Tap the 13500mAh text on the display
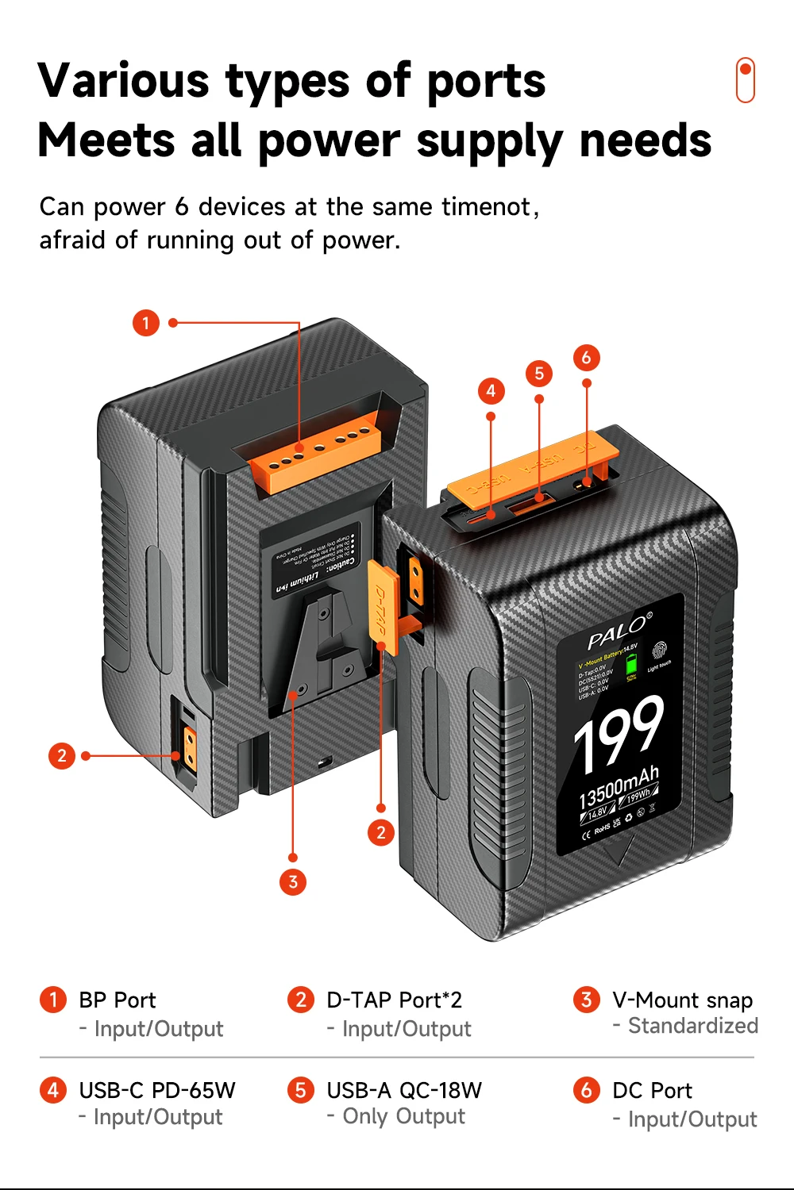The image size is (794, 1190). pyautogui.click(x=619, y=786)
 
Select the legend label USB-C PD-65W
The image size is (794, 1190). pyautogui.click(x=157, y=1090)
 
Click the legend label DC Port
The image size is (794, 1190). pyautogui.click(x=652, y=1090)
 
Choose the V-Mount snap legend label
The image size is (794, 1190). pyautogui.click(x=682, y=1000)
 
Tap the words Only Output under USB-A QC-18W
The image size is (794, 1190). pyautogui.click(x=403, y=1116)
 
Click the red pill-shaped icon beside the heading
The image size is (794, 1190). pyautogui.click(x=745, y=80)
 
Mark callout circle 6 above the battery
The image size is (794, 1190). pyautogui.click(x=586, y=358)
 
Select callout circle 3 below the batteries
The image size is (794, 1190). pyautogui.click(x=293, y=881)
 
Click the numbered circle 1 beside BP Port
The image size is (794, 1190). pyautogui.click(x=53, y=1000)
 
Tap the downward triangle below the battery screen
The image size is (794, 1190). pyautogui.click(x=619, y=851)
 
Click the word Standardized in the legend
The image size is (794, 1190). pyautogui.click(x=693, y=1026)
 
